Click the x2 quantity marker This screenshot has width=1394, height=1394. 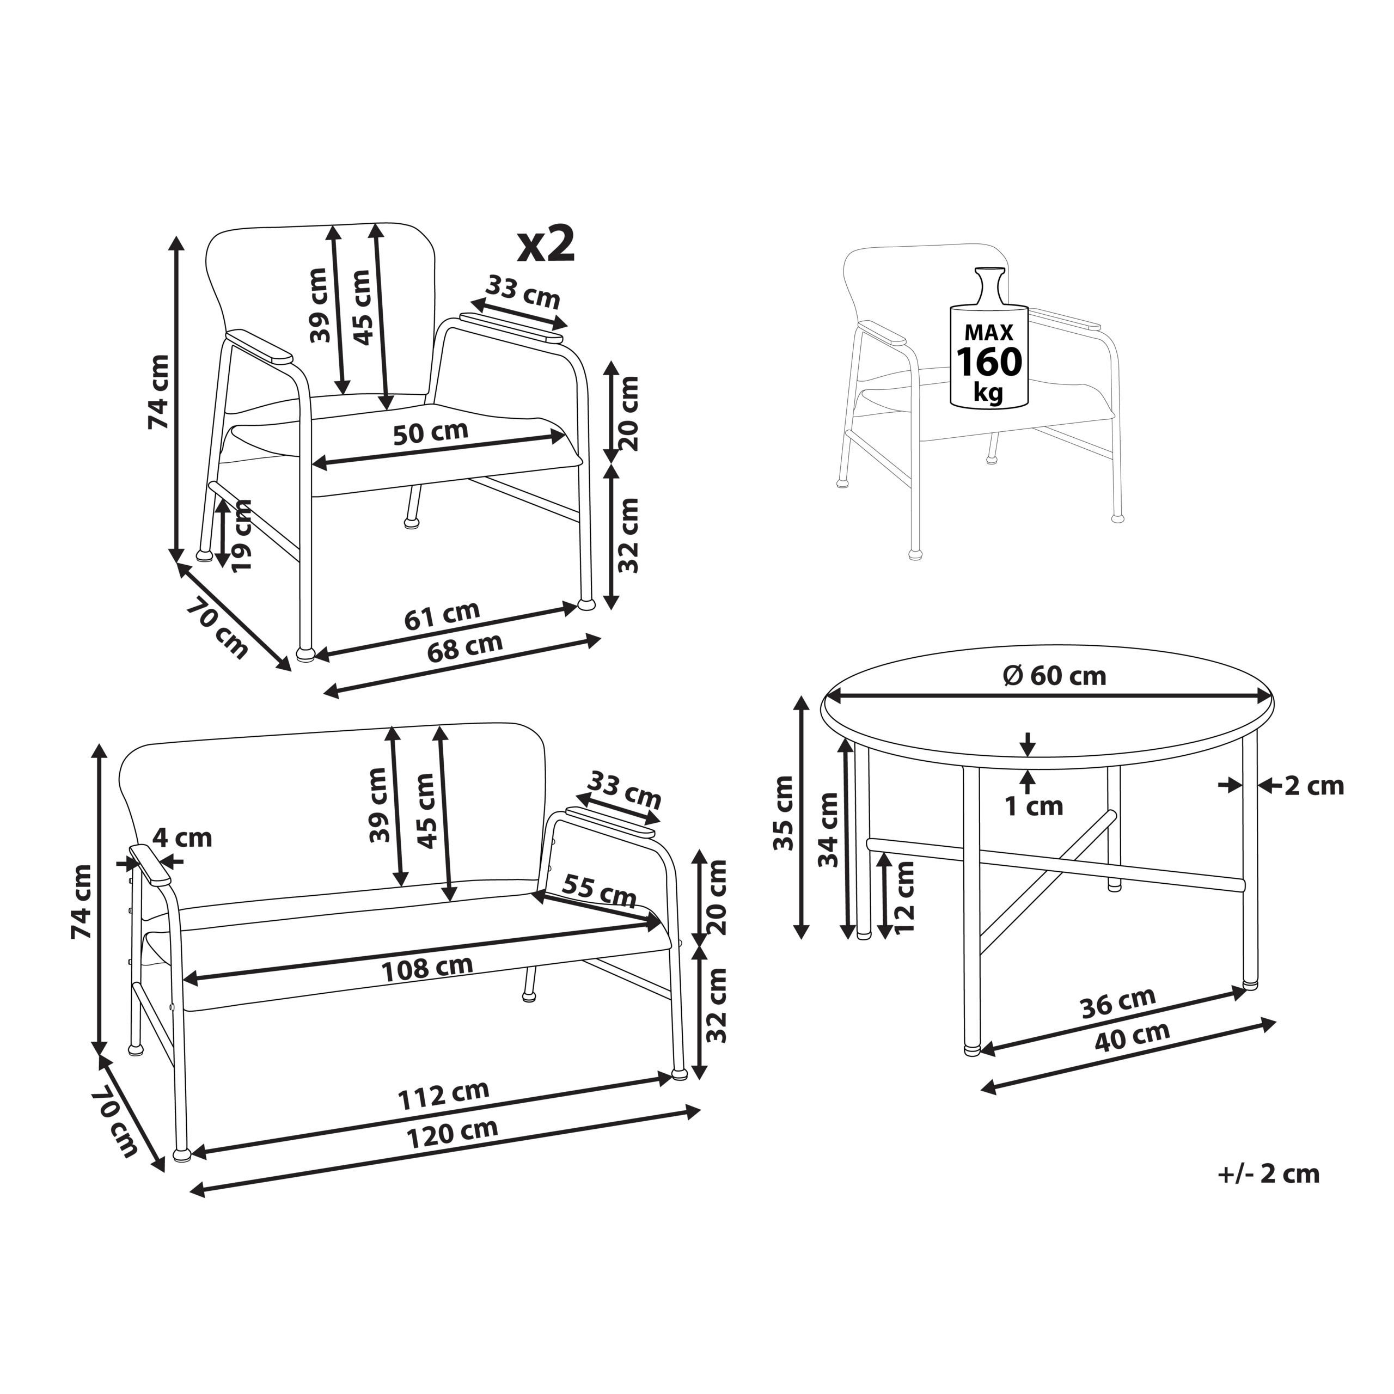pos(547,244)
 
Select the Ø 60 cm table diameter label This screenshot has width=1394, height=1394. pos(1054,676)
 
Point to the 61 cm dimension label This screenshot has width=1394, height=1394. pos(442,615)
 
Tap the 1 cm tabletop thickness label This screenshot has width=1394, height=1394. pos(1035,806)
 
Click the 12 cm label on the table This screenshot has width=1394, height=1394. pos(903,896)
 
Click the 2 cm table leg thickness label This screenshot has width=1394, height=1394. pos(1314,785)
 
